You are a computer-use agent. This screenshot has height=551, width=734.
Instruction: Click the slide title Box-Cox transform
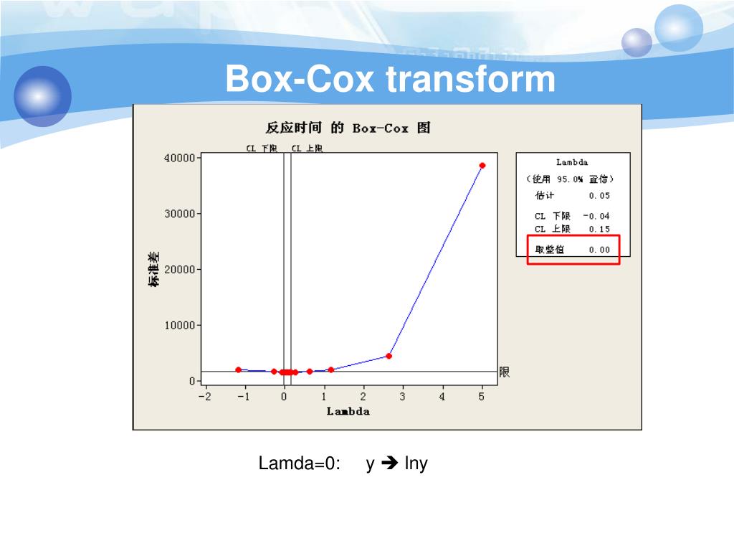pos(390,79)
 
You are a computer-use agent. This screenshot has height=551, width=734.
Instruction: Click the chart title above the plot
pos(348,128)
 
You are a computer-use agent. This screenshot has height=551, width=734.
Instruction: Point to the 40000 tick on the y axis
pos(180,158)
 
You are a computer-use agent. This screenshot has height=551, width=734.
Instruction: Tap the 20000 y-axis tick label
pos(180,269)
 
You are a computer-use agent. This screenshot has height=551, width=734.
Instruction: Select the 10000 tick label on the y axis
pos(180,325)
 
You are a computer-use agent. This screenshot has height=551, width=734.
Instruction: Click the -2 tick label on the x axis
pos(204,397)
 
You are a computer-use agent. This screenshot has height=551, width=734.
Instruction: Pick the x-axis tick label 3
pos(402,397)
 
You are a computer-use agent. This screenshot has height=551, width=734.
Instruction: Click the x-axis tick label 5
pos(482,397)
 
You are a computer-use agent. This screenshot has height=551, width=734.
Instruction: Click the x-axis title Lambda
pos(348,411)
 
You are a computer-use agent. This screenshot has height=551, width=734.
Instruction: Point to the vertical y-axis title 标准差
pos(154,269)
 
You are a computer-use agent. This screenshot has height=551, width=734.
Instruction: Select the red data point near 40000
pos(482,166)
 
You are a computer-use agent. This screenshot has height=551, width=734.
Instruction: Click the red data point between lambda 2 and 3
pos(389,356)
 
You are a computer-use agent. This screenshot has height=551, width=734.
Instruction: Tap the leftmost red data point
pos(238,369)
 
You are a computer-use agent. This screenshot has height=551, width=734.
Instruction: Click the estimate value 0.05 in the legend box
pos(599,195)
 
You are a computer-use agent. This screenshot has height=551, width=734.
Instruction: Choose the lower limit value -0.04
pos(596,216)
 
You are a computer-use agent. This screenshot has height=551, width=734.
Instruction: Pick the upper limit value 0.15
pos(599,229)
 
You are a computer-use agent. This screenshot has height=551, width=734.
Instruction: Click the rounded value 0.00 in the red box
pos(599,250)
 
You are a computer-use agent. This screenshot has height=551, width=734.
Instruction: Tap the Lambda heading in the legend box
pos(571,162)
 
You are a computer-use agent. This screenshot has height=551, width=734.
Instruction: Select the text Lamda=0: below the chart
pos(299,464)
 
